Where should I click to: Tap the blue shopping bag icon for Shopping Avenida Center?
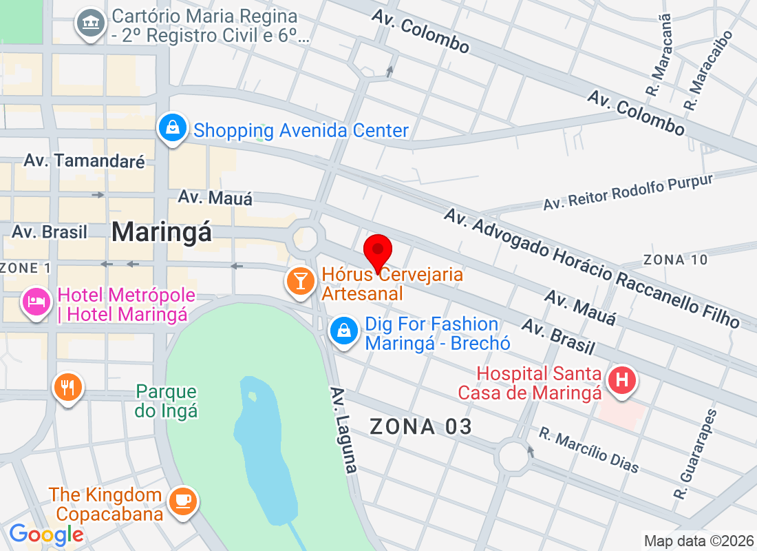click(170, 128)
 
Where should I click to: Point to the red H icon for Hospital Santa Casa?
click(621, 380)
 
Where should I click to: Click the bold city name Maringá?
click(162, 231)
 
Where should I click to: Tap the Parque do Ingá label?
click(167, 402)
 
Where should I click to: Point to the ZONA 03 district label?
click(421, 427)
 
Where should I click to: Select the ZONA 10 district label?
click(674, 260)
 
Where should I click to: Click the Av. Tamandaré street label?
click(85, 161)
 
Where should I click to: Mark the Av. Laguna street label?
click(344, 430)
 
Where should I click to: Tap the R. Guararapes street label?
click(695, 455)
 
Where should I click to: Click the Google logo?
click(46, 534)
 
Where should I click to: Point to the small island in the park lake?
click(252, 397)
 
